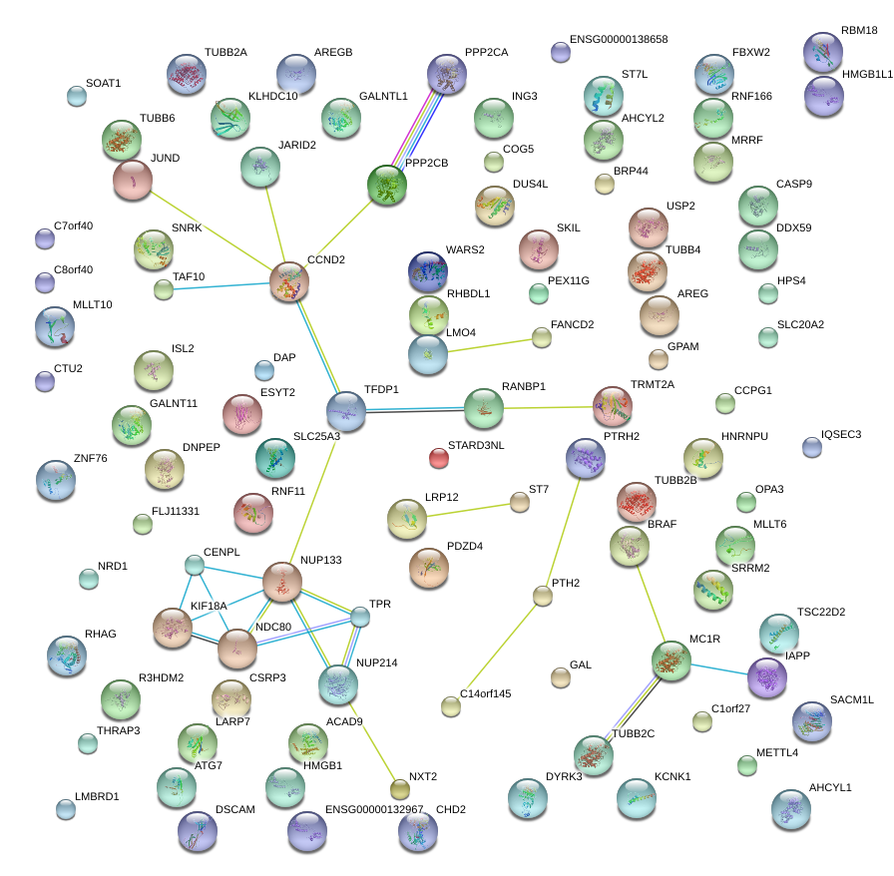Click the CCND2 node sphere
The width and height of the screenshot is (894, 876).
(289, 281)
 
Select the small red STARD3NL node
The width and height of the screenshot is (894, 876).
(439, 458)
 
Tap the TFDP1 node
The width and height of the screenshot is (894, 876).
(346, 410)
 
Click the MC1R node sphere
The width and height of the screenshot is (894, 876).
(670, 660)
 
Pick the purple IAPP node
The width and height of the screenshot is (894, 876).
(766, 675)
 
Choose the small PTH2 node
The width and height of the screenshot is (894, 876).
(542, 597)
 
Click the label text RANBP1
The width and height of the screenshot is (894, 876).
(523, 386)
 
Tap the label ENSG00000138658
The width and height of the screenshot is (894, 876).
(619, 40)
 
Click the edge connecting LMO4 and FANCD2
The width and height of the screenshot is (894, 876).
(489, 345)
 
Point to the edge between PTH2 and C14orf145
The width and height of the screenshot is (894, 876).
(497, 651)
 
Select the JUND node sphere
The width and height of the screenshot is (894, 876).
(132, 180)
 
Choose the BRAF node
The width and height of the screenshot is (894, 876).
(630, 545)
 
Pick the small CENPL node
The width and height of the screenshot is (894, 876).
(195, 566)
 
